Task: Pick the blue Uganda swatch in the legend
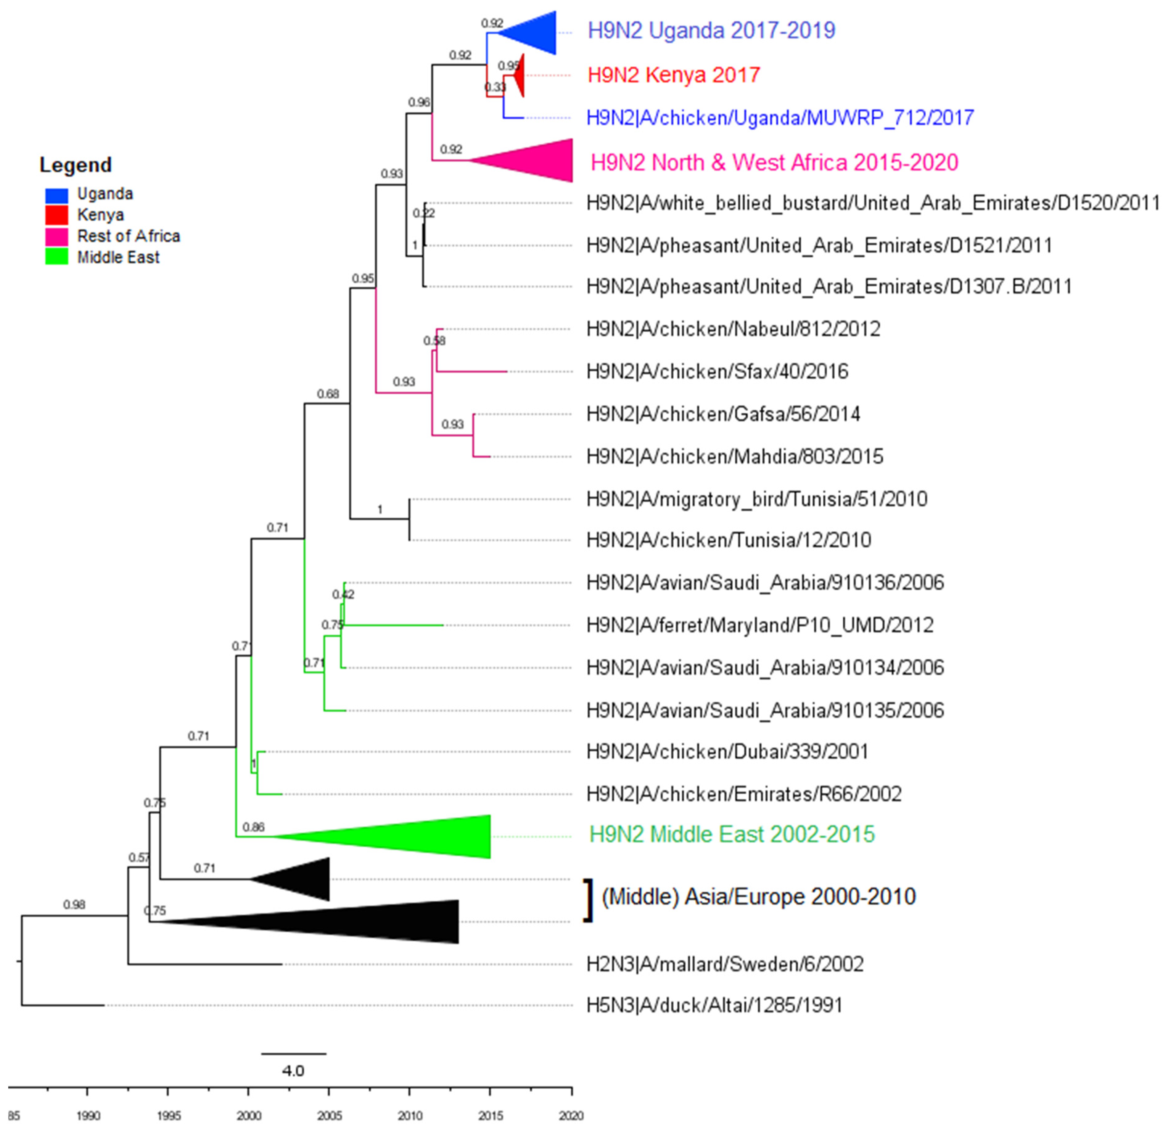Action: pos(57,195)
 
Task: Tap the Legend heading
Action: pos(76,165)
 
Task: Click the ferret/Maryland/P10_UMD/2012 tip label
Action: pos(760,625)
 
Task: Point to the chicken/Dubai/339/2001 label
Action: pos(727,752)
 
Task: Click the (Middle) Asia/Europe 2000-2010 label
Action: pos(758,896)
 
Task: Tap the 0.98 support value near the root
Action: pos(75,905)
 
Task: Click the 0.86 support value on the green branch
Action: pos(253,827)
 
